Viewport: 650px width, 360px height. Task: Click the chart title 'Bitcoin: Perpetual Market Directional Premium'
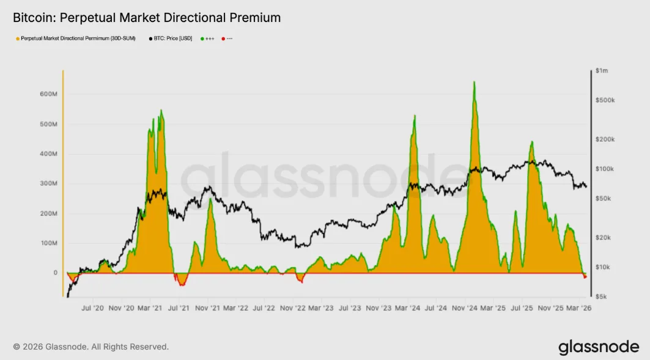coord(147,18)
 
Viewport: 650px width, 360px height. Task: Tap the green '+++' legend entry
coord(208,39)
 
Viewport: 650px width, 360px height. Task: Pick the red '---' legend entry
coord(227,39)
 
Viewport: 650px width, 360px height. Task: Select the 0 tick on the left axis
coord(55,273)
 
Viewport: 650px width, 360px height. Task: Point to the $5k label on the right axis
coord(602,296)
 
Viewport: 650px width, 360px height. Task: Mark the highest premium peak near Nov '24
coord(474,82)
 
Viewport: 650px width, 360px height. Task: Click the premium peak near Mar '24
coord(415,116)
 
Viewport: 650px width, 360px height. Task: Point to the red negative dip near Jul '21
coord(182,282)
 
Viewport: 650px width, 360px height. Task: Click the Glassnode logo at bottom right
coord(598,347)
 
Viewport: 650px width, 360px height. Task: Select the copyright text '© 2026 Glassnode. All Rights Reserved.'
coord(90,347)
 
